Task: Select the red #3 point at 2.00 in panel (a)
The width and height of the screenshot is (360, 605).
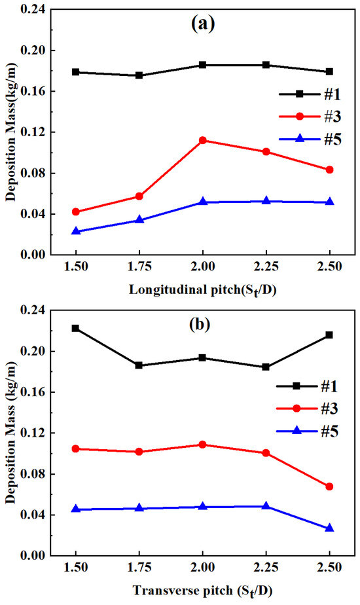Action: tap(203, 140)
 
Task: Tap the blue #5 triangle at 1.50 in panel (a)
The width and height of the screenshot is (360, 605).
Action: tap(76, 231)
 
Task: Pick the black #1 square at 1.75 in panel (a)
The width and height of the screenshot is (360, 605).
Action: tap(139, 75)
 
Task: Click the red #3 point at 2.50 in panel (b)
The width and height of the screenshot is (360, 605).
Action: tap(329, 486)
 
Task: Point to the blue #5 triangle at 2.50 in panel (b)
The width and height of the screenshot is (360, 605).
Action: tap(329, 528)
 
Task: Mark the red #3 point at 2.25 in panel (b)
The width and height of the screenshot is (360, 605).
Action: tap(266, 452)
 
